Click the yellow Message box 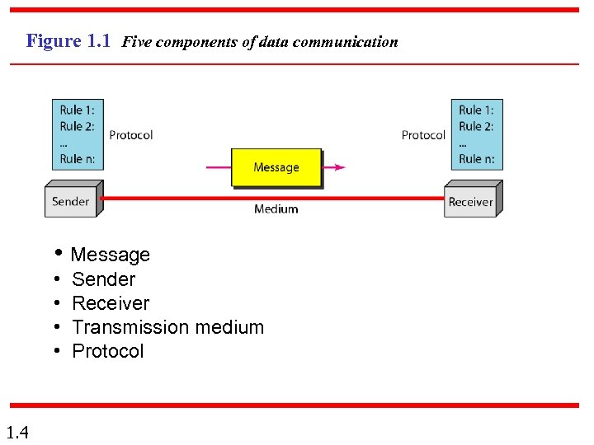(x=276, y=167)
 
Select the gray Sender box (x=71, y=201)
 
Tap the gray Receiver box (x=470, y=202)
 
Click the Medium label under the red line (x=276, y=209)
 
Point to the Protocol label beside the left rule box (x=130, y=135)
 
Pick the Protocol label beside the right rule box (x=423, y=135)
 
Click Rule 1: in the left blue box (x=77, y=110)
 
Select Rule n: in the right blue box (x=476, y=158)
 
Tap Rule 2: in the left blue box (x=77, y=126)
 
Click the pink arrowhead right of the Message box (x=339, y=167)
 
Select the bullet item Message (x=111, y=255)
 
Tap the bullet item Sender (x=103, y=279)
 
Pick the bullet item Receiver (x=111, y=303)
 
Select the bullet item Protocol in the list (x=108, y=351)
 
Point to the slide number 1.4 (x=17, y=432)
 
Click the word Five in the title (x=136, y=42)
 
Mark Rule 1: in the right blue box (x=476, y=110)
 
